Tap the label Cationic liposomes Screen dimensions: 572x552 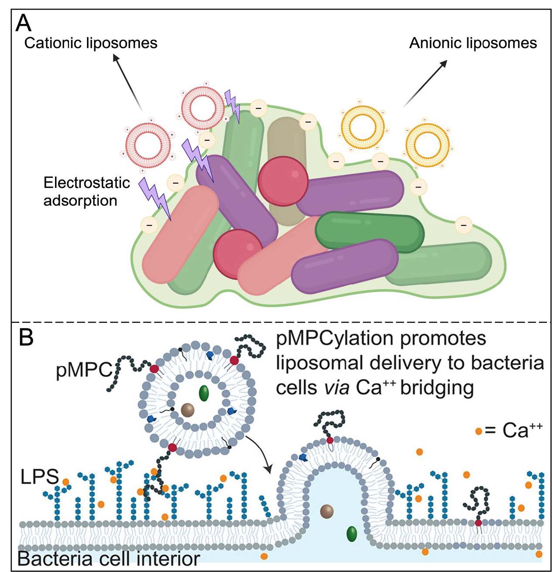point(91,43)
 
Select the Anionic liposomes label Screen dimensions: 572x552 point(473,43)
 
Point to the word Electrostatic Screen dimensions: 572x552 point(87,183)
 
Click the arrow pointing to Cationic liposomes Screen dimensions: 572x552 point(127,81)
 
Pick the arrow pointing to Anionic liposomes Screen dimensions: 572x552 point(426,83)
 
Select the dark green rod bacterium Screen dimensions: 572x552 point(369,232)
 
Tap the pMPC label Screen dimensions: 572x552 point(84,371)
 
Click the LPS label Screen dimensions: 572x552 point(39,476)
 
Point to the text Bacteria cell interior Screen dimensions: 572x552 point(109,559)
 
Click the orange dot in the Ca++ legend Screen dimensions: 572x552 point(479,431)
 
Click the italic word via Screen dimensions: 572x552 point(336,388)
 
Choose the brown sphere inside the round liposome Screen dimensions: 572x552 point(188,410)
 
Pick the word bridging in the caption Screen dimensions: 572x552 point(437,388)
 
